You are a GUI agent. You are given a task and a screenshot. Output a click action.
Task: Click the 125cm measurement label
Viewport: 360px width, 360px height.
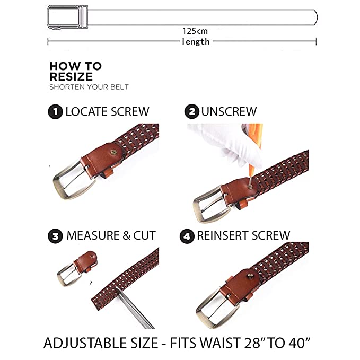[195, 31]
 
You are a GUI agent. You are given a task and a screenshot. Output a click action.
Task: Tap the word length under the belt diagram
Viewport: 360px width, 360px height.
[196, 42]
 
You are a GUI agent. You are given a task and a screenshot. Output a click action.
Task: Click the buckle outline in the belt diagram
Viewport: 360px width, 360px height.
[68, 17]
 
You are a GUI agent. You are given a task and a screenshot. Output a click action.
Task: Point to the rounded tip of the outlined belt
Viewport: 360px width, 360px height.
[317, 17]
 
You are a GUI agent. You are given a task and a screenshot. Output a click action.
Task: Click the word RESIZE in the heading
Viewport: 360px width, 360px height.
[71, 77]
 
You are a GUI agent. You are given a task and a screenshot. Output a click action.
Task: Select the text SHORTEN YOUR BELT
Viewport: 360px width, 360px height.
[89, 87]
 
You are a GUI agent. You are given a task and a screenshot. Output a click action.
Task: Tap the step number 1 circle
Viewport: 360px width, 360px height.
[55, 112]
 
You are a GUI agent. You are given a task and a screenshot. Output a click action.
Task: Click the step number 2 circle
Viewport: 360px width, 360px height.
[192, 111]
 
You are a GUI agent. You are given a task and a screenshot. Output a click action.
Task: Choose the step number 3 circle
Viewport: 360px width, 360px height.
[55, 236]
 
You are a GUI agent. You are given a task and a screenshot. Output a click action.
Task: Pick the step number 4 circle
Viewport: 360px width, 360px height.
[187, 236]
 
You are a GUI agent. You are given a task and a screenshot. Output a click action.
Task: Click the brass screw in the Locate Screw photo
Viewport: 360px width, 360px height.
[113, 152]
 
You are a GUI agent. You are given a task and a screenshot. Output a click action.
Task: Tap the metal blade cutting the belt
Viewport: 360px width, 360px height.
[135, 309]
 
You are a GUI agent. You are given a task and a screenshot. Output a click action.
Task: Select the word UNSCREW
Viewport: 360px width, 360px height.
[229, 112]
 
